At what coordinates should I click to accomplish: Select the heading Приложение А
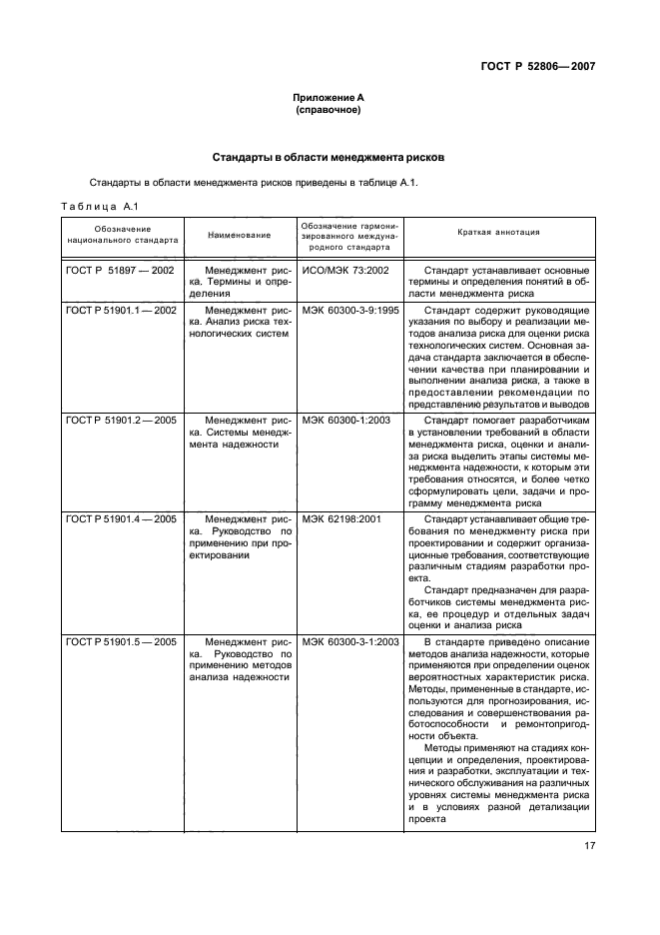[329, 98]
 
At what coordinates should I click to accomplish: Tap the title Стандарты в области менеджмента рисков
[329, 158]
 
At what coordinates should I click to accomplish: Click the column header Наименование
[239, 235]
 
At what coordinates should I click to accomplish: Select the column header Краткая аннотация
[498, 232]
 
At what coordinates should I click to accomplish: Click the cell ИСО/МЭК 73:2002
[345, 270]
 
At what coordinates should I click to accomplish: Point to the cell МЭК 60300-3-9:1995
[350, 310]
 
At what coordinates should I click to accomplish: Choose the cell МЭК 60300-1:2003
[347, 420]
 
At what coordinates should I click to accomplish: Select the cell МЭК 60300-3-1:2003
[350, 640]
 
